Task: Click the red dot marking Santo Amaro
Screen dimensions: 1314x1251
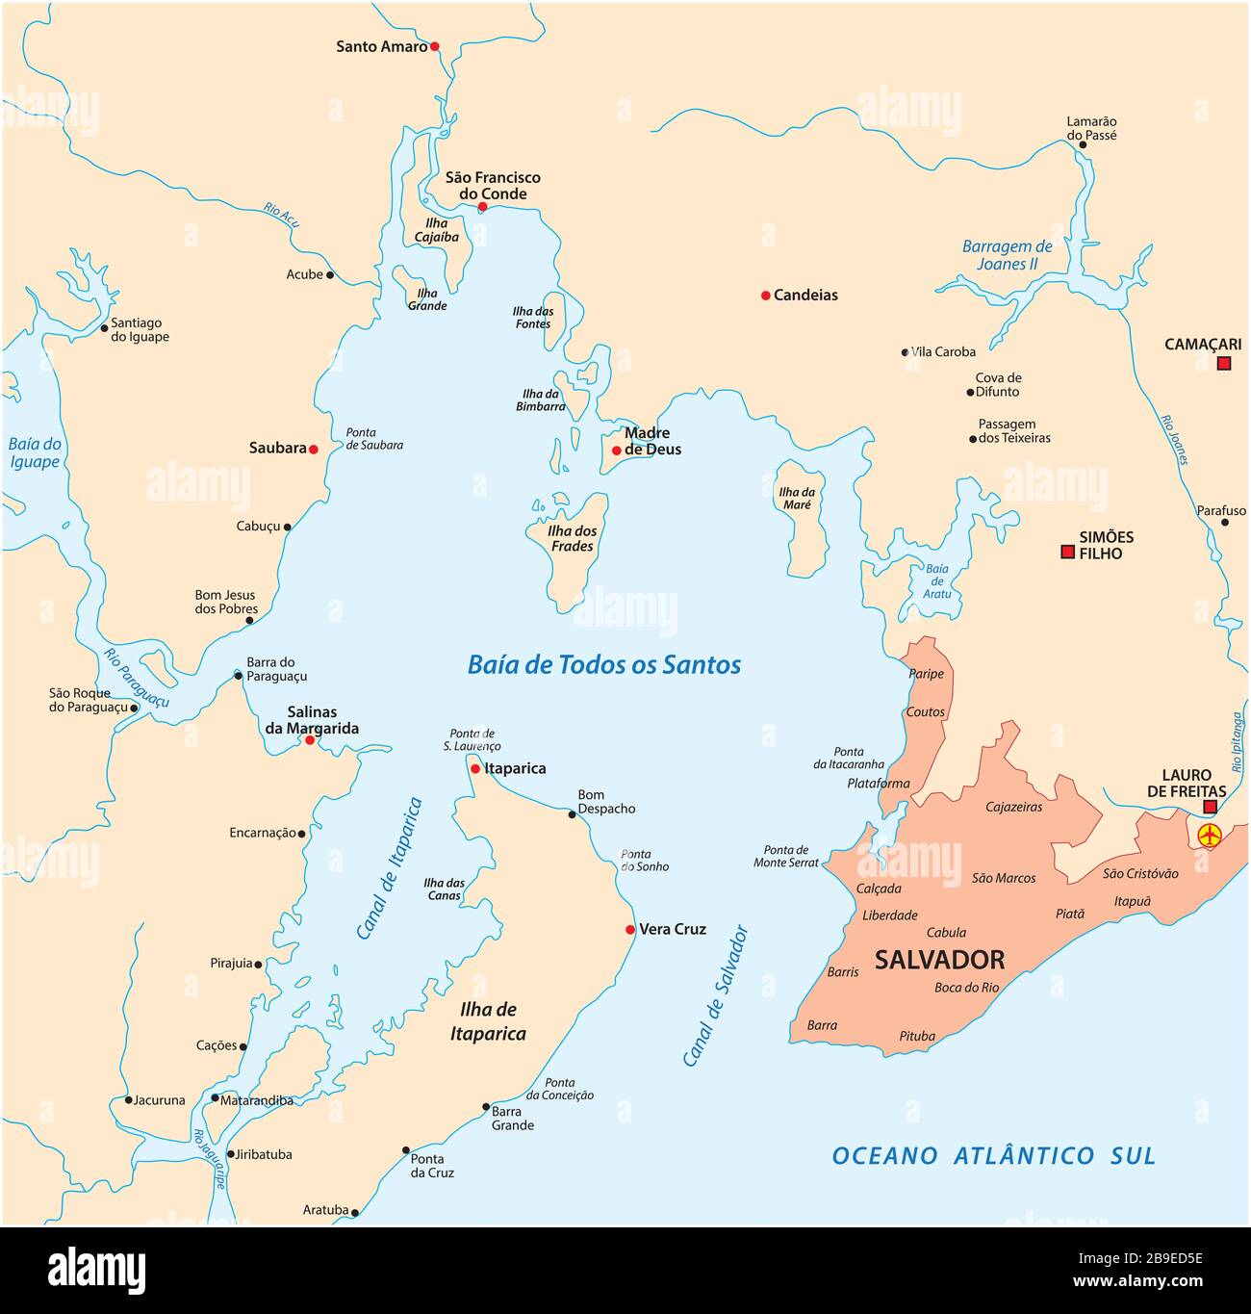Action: (x=434, y=46)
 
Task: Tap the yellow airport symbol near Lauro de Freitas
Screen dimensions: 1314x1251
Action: (x=1209, y=835)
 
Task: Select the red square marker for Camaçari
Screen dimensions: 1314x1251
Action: (x=1223, y=363)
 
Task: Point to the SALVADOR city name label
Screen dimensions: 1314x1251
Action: (x=939, y=960)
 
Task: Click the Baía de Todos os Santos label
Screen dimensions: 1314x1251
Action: (x=603, y=664)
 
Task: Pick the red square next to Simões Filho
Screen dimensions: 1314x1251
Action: (x=1066, y=552)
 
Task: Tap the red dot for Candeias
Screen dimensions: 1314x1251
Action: (x=765, y=296)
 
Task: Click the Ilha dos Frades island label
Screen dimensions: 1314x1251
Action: (x=572, y=538)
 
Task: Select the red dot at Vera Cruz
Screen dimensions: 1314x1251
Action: (x=630, y=930)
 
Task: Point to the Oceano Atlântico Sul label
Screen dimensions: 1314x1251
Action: (x=993, y=1155)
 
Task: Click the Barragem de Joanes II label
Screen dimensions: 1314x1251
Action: (x=1007, y=255)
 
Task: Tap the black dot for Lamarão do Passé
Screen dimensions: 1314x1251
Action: (x=1083, y=145)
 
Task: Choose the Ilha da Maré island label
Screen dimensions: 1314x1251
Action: (x=796, y=498)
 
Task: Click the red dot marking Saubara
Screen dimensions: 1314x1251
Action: (x=313, y=449)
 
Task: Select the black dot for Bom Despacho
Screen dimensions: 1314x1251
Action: (x=572, y=814)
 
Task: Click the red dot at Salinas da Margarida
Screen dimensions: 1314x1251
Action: (x=310, y=740)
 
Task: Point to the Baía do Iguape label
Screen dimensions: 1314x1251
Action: (x=35, y=452)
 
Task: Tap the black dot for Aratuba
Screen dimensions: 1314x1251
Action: (x=355, y=1213)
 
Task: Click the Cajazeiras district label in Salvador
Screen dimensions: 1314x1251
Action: (x=1013, y=807)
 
